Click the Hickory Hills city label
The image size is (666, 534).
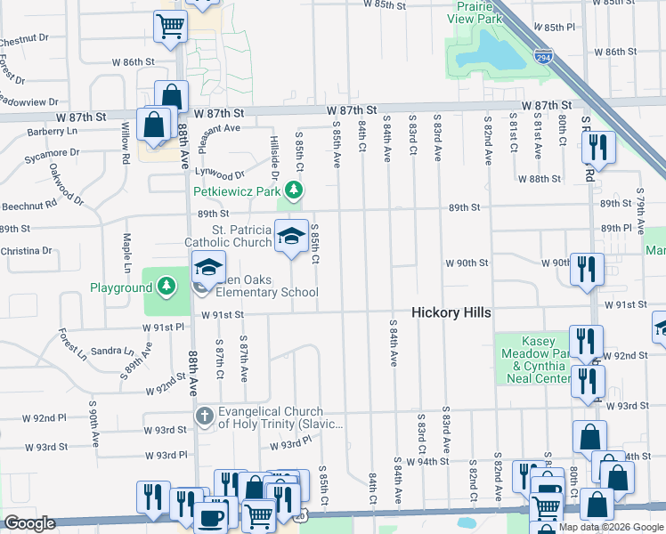coord(451,313)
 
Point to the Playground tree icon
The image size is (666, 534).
coord(166,287)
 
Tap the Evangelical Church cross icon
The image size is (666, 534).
coord(204,416)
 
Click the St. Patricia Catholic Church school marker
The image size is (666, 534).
coord(291,237)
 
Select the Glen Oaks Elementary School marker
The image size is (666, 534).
coord(207,267)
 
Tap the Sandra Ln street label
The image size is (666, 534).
coord(111,351)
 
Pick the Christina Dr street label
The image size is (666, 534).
coord(26,251)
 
